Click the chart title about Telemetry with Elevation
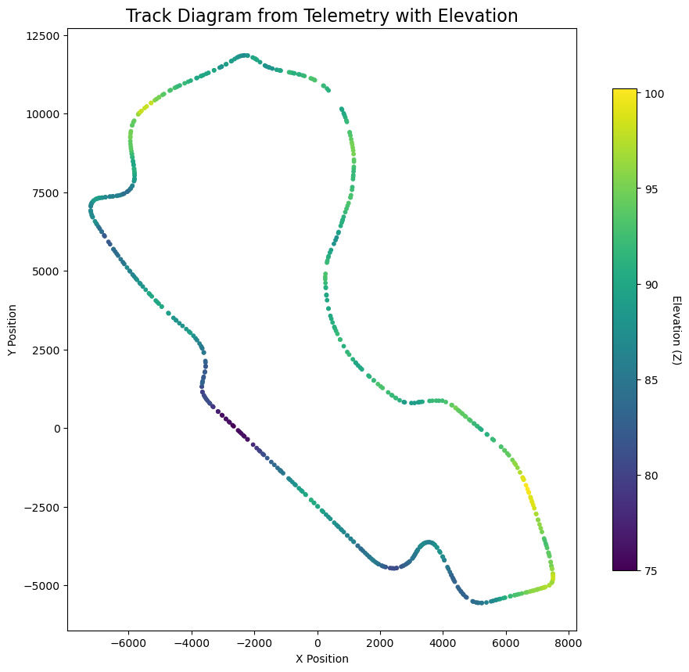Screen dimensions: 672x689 (321, 16)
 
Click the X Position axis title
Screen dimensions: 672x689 (321, 659)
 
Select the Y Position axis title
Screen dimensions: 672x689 (13, 329)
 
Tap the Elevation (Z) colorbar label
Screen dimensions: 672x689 (676, 329)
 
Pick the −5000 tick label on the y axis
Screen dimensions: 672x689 (41, 586)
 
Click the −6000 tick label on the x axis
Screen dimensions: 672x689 (129, 644)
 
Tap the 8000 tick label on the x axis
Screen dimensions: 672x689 (569, 644)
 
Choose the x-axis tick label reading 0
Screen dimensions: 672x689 (318, 644)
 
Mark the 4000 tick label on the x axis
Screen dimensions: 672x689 (443, 644)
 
